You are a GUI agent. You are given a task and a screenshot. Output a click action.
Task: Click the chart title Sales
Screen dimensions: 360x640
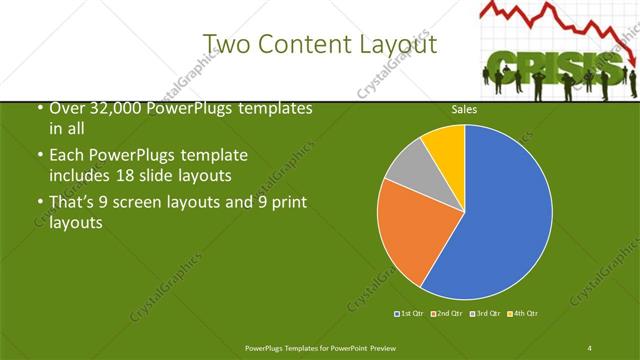pyautogui.click(x=464, y=110)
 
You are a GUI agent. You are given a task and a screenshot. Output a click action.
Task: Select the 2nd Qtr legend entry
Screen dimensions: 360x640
pyautogui.click(x=446, y=313)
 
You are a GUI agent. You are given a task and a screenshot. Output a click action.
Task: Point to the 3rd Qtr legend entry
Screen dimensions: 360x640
pyautogui.click(x=484, y=313)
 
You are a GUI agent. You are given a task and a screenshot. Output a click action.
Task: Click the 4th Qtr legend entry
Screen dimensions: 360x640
pyautogui.click(x=522, y=313)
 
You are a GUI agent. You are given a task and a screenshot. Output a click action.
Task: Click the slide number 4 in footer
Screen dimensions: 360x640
pyautogui.click(x=589, y=347)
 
